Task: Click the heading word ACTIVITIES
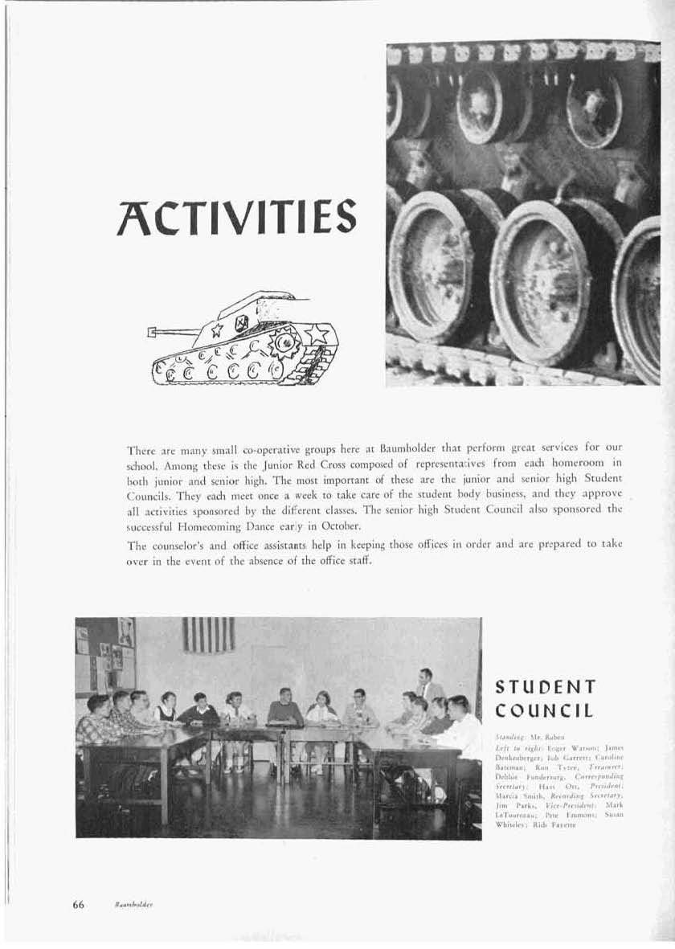(237, 215)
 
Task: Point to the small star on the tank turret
(216, 328)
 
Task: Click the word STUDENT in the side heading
(546, 687)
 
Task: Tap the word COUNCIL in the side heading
(544, 710)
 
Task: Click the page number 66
(79, 904)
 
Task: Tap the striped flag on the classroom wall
(208, 634)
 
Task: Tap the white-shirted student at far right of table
(460, 727)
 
